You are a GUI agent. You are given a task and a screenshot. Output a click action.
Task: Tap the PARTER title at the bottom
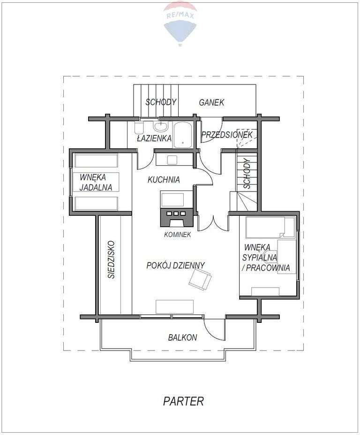point(183,401)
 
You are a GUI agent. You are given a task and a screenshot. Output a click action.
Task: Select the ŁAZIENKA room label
point(154,138)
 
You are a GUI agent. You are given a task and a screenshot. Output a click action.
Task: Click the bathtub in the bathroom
point(183,135)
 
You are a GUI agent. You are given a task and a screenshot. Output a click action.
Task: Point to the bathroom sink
point(161,127)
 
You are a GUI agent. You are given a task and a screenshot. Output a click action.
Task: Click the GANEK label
point(211,102)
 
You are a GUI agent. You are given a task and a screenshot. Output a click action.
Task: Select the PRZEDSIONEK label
point(227,135)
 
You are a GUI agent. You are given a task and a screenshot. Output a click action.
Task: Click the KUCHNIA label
point(164,180)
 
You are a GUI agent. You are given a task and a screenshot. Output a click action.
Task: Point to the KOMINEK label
point(177,235)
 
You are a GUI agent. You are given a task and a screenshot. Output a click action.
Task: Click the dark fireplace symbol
point(176,218)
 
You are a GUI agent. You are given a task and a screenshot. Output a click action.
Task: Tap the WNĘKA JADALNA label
point(96,182)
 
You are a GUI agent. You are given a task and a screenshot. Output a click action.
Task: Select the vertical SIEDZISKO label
point(112,259)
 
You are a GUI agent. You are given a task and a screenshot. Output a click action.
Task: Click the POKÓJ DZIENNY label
point(176,265)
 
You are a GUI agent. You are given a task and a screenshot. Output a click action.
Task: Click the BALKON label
point(183,337)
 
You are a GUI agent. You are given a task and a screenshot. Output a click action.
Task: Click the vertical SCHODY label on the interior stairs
point(247,174)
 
